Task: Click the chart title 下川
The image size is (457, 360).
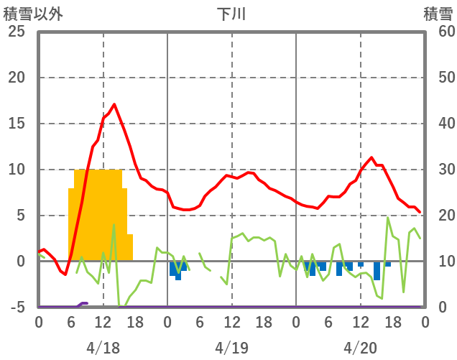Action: pyautogui.click(x=231, y=14)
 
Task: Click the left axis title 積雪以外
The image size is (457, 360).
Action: pyautogui.click(x=33, y=14)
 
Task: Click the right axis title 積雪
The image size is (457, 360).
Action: pyautogui.click(x=438, y=14)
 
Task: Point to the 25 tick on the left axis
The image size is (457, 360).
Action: pyautogui.click(x=16, y=32)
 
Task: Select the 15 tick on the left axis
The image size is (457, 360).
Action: pyautogui.click(x=16, y=124)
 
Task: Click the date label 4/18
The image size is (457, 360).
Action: pyautogui.click(x=103, y=348)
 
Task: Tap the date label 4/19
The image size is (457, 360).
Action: pyautogui.click(x=231, y=348)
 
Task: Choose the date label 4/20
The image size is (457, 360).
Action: pyautogui.click(x=360, y=348)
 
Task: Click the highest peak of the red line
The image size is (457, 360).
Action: pyautogui.click(x=114, y=104)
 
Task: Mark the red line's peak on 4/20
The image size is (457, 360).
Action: pyautogui.click(x=371, y=157)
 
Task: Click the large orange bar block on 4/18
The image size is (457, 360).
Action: pyautogui.click(x=99, y=216)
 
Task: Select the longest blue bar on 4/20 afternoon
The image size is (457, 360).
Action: pyautogui.click(x=377, y=271)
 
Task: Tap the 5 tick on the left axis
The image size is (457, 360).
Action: pyautogui.click(x=19, y=216)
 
